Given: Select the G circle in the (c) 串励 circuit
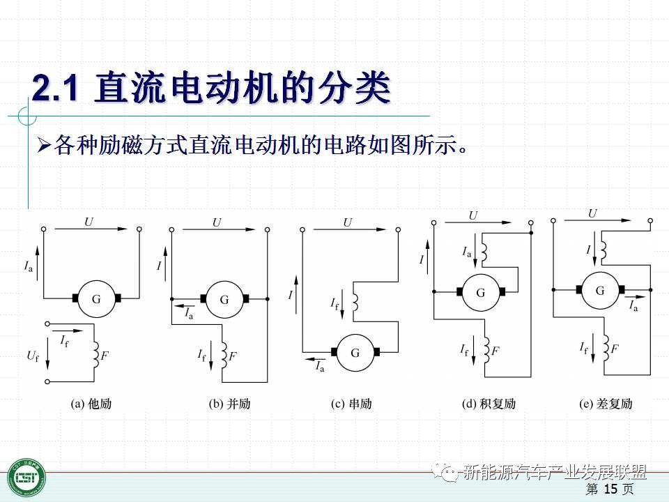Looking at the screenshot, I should pos(355,353).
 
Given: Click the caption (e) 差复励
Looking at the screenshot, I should pos(606,404).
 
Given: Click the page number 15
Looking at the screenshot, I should pos(610,489).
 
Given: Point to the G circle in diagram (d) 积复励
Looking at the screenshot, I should pos(480,293).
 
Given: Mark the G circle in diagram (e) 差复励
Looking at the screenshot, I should pos(599,290).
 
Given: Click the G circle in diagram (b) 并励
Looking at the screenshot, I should pos(224,299).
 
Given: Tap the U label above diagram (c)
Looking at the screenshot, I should pos(348,223).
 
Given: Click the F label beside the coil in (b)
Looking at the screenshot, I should pos(233,356).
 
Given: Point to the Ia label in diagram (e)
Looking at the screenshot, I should pos(633,306).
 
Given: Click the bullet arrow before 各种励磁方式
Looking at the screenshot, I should pos(44,146).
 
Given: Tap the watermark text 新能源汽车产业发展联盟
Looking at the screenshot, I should pos(554,472).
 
